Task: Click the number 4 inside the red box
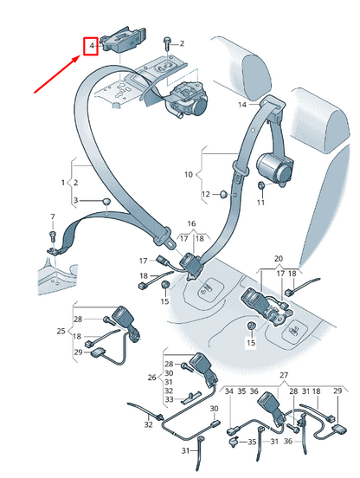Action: pyautogui.click(x=89, y=46)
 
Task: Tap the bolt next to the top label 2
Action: pyautogui.click(x=165, y=41)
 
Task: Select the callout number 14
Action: pyautogui.click(x=242, y=104)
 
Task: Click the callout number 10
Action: pyautogui.click(x=187, y=175)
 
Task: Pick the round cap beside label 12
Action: pyautogui.click(x=223, y=193)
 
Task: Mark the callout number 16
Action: pyautogui.click(x=180, y=223)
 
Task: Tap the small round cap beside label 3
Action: pyautogui.click(x=106, y=202)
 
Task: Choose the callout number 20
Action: pyautogui.click(x=278, y=259)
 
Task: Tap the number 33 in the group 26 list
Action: pyautogui.click(x=169, y=400)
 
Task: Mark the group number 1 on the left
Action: pyautogui.click(x=62, y=183)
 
